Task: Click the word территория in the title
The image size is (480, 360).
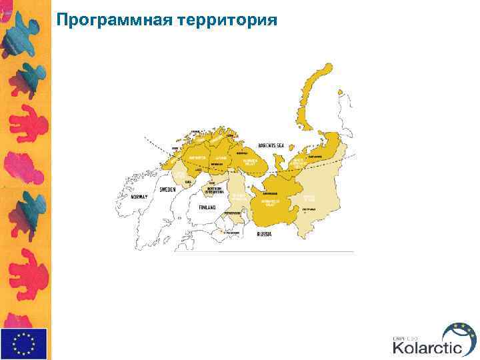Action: click(x=227, y=19)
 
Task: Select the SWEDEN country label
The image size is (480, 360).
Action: click(x=167, y=189)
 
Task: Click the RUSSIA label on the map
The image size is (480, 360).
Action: click(x=264, y=234)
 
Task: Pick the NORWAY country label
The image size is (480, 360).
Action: click(x=139, y=197)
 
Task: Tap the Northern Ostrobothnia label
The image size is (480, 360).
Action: click(x=214, y=190)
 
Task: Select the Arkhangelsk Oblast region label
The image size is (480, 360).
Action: click(x=271, y=202)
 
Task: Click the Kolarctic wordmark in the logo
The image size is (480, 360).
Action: click(x=427, y=347)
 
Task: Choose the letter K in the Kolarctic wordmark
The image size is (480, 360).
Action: click(x=398, y=347)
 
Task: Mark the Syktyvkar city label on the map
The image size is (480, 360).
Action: click(x=309, y=209)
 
